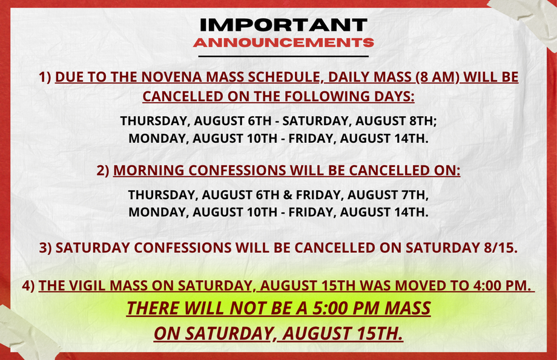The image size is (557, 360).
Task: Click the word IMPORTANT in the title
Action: (x=283, y=25)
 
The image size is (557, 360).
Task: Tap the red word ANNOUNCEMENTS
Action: (x=283, y=42)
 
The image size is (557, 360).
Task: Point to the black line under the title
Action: (x=283, y=56)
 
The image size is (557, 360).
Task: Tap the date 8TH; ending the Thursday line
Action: (x=423, y=121)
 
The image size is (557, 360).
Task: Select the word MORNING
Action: (x=149, y=171)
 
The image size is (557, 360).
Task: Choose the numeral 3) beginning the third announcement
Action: (x=45, y=248)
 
